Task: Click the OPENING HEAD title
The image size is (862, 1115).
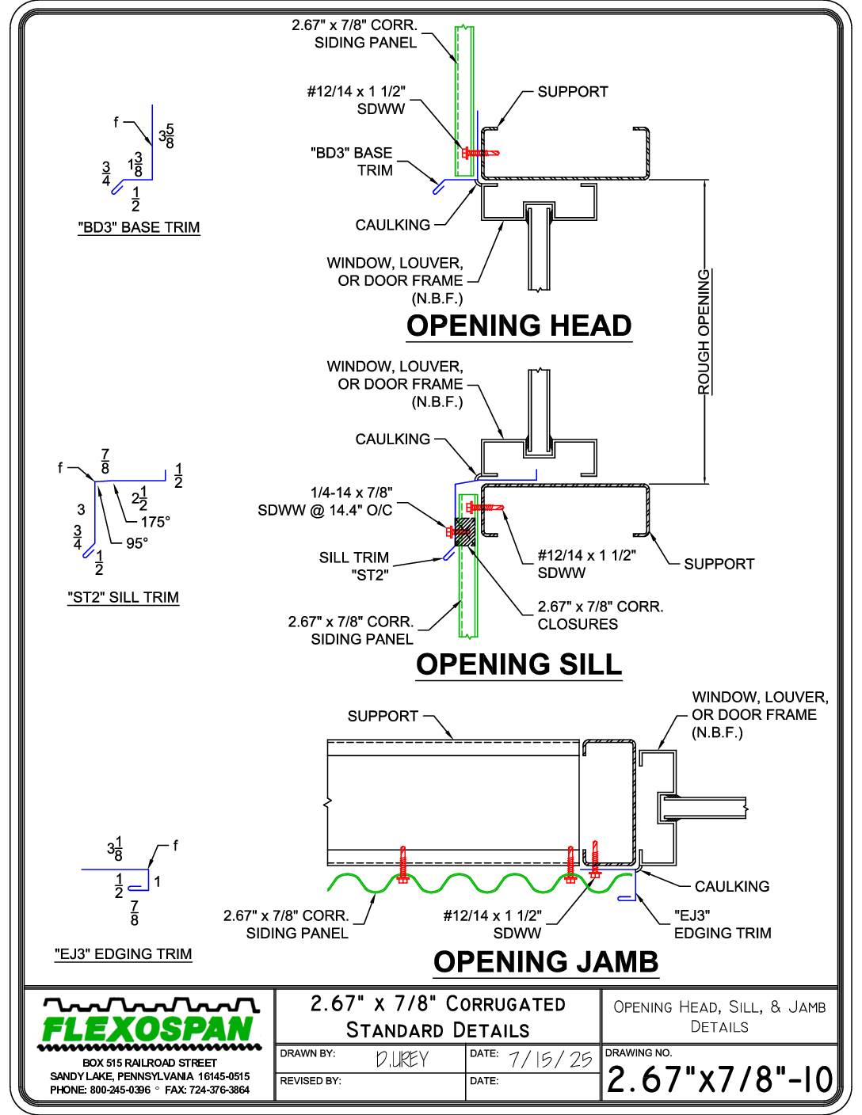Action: click(x=518, y=325)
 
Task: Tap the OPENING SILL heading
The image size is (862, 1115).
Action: click(x=518, y=664)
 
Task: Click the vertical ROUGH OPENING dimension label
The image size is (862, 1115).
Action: click(x=704, y=332)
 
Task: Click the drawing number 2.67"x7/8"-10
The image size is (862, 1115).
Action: click(x=720, y=1079)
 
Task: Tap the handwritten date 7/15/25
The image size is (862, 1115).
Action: click(x=551, y=1059)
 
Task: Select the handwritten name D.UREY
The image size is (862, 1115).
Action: click(x=402, y=1059)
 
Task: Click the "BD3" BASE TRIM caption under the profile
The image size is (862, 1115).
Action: click(x=139, y=227)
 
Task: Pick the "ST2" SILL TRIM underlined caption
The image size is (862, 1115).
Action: click(x=124, y=597)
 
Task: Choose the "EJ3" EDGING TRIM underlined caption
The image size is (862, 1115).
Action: click(x=124, y=954)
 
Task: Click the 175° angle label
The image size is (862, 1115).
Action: click(x=155, y=523)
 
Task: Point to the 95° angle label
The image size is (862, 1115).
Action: click(x=136, y=543)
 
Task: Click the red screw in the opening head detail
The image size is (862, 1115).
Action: click(x=481, y=152)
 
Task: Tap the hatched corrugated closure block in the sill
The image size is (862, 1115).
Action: click(x=465, y=531)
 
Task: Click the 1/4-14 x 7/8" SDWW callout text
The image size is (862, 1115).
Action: click(x=325, y=502)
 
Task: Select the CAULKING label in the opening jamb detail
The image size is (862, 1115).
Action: click(x=731, y=886)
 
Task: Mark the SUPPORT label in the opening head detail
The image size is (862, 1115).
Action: click(x=573, y=92)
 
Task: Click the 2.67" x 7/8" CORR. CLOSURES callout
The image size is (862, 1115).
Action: click(x=601, y=615)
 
